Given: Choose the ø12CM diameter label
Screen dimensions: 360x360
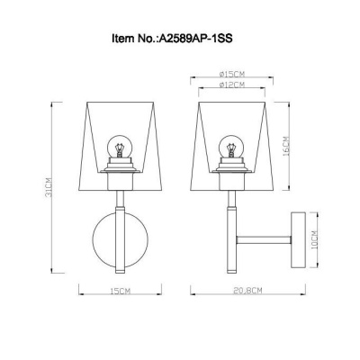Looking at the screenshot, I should pos(232,85).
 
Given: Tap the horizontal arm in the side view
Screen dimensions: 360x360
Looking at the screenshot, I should pos(265,240).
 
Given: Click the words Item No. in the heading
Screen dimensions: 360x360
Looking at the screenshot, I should pos(134,40).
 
